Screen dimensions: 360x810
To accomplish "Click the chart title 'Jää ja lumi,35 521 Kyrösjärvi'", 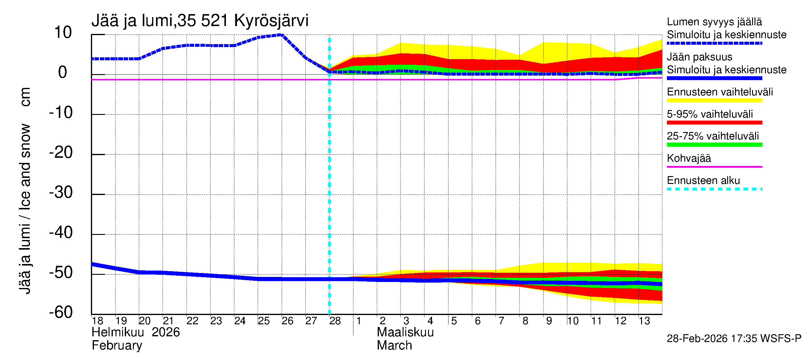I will (x=200, y=21).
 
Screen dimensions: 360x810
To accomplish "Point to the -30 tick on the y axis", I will (x=61, y=192).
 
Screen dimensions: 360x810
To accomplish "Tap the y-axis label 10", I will (x=63, y=33).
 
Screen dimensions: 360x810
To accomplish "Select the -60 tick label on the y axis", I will (x=61, y=312).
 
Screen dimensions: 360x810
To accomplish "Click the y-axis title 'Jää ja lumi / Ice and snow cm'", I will (x=25, y=190).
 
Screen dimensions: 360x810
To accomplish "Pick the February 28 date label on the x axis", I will (x=335, y=321).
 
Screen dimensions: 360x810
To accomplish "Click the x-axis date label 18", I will (x=97, y=321).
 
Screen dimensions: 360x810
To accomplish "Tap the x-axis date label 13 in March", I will (x=644, y=321).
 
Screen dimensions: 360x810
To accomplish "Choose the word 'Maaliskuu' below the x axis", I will (x=405, y=332).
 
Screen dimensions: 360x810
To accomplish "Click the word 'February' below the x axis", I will (x=117, y=346).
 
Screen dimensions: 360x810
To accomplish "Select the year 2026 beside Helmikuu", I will (x=166, y=332).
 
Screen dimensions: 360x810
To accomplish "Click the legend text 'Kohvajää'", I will (x=688, y=158).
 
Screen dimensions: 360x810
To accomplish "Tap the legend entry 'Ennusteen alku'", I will (x=703, y=181).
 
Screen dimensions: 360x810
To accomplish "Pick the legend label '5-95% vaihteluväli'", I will (x=710, y=114).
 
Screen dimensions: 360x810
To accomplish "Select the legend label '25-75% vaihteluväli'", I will (x=713, y=136).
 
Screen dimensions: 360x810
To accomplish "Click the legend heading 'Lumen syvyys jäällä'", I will (x=714, y=22).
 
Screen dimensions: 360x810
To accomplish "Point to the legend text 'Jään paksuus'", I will (x=700, y=57).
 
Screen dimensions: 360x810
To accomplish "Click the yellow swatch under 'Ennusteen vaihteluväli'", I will (x=714, y=100).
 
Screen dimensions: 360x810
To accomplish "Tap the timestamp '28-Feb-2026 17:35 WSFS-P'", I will (x=734, y=339).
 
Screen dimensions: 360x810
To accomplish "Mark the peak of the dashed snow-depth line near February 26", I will (x=282, y=35).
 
